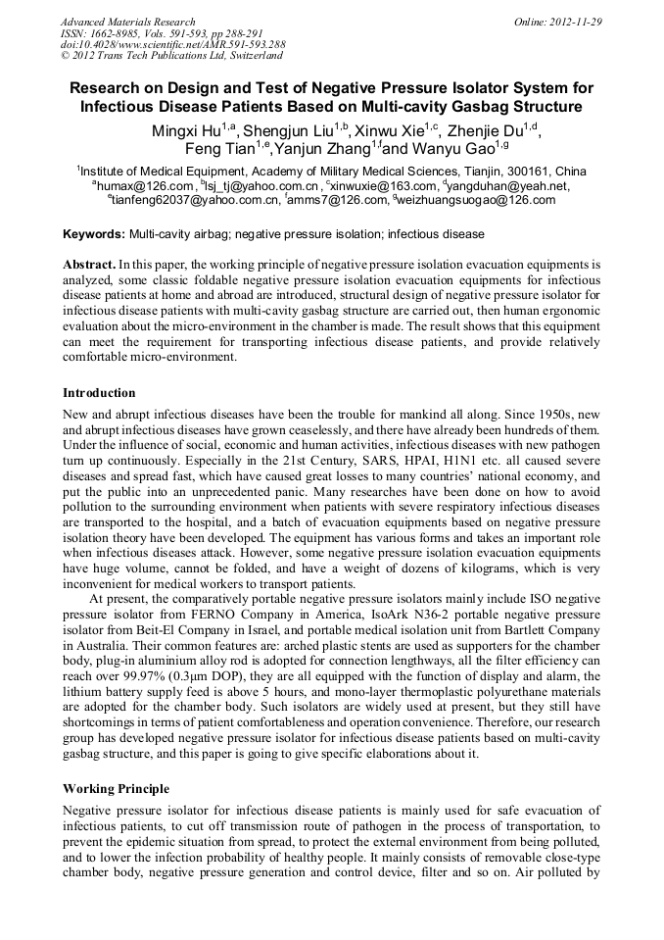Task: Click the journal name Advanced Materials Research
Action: pyautogui.click(x=127, y=22)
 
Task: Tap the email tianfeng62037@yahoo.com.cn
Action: pyautogui.click(x=196, y=200)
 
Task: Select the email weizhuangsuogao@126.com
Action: pyautogui.click(x=476, y=200)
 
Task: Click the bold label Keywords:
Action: pyautogui.click(x=94, y=235)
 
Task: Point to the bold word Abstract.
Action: pyautogui.click(x=88, y=265)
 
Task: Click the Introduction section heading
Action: pyautogui.click(x=99, y=392)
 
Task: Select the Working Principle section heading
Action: pyautogui.click(x=116, y=788)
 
